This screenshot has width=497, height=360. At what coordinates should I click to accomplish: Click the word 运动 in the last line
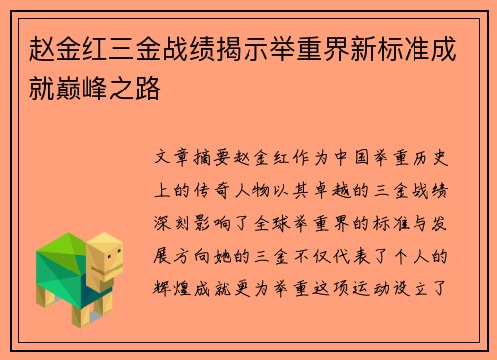[386, 281]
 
